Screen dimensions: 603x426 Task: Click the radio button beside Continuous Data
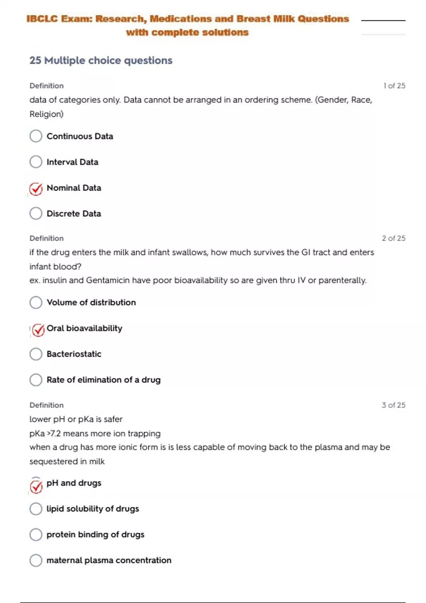point(36,136)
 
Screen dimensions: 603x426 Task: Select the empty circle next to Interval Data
point(36,162)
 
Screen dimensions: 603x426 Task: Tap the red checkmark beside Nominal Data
point(36,189)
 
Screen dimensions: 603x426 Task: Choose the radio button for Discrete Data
point(36,214)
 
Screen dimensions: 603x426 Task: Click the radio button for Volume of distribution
point(36,303)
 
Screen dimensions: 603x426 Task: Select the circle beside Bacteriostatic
point(36,354)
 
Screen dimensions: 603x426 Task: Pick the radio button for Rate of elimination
point(36,380)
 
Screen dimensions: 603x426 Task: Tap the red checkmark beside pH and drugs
point(36,486)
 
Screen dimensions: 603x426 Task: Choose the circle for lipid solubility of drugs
point(36,509)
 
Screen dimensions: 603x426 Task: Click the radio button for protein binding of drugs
point(36,535)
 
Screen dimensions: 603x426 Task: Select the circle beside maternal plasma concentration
point(36,560)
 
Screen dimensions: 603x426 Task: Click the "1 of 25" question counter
point(394,86)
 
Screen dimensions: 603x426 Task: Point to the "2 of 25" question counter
point(393,238)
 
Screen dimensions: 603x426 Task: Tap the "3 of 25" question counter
point(393,405)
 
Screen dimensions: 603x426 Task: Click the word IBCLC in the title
point(42,19)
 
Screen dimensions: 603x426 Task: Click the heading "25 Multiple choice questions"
point(101,61)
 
